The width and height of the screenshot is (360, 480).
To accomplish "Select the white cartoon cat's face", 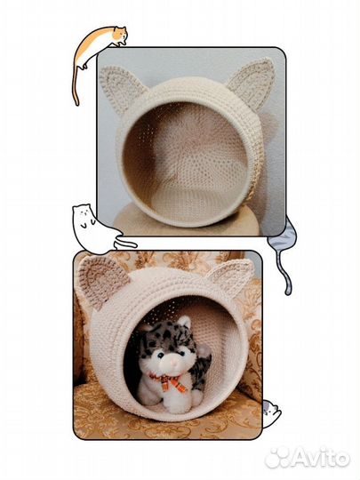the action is coord(83,215).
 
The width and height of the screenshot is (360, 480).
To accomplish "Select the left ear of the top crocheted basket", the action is coord(121,88).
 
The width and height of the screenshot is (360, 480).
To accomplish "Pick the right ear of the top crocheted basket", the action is coord(252,82).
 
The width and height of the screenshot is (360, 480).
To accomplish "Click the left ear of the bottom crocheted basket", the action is coord(101,280).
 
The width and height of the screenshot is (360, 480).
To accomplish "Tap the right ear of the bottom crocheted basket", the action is coord(230,275).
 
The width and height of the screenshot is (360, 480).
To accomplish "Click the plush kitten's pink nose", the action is coord(174,362).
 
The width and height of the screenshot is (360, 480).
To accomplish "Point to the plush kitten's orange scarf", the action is coord(169,381).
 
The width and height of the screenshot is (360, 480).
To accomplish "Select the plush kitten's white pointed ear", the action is coord(184,324).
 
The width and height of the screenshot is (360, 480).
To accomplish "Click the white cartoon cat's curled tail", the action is coord(125,243).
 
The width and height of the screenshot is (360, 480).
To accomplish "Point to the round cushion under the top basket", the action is coord(188,220).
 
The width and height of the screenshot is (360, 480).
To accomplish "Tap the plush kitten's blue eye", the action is coord(161,356).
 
